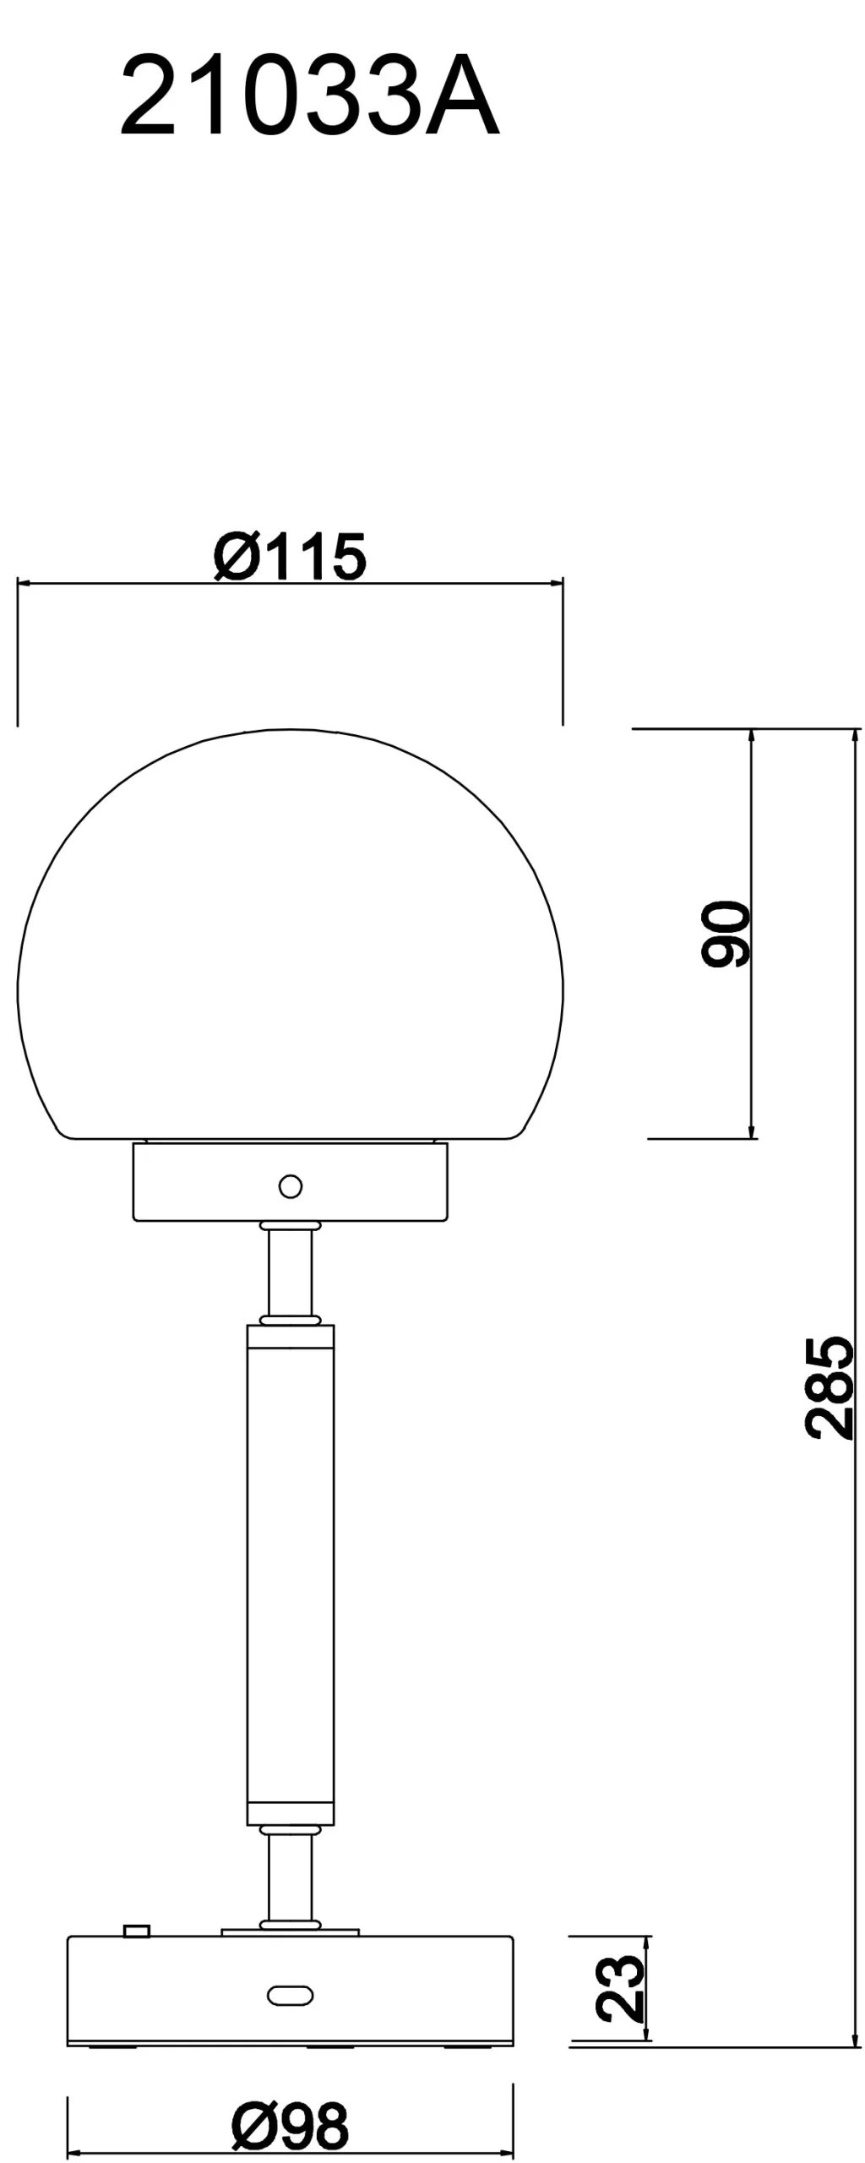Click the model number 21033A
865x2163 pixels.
pyautogui.click(x=309, y=96)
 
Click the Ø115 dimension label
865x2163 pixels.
pyautogui.click(x=290, y=557)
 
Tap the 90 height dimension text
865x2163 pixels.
pyautogui.click(x=726, y=933)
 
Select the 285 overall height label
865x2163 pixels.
pyautogui.click(x=829, y=1387)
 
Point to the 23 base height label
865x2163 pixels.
pyautogui.click(x=621, y=1987)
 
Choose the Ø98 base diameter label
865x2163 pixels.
pyautogui.click(x=290, y=2126)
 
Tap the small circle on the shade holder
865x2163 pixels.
pyautogui.click(x=290, y=1186)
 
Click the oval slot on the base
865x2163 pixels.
pyautogui.click(x=290, y=1995)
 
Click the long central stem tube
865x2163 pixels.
pyautogui.click(x=290, y=1572)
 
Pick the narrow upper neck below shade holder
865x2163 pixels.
pyautogui.click(x=290, y=1272)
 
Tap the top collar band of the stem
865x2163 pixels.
pyautogui.click(x=290, y=1337)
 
